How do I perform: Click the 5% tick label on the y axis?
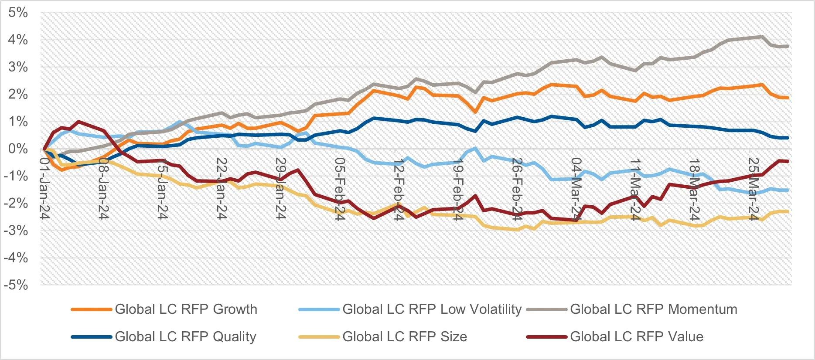tap(18, 13)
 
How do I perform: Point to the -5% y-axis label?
tap(16, 285)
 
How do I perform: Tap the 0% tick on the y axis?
tap(18, 149)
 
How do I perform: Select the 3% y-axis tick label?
tap(18, 67)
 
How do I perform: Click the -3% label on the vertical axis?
tap(16, 231)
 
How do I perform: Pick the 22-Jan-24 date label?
tap(222, 188)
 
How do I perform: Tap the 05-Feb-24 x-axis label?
tap(340, 189)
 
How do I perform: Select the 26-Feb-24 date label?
tap(517, 189)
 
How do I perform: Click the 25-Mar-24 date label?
tap(753, 189)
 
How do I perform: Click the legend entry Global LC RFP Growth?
tap(186, 309)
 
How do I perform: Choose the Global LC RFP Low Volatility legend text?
tap(432, 309)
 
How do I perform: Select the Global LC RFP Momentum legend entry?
tap(653, 309)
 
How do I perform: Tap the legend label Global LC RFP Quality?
tap(185, 337)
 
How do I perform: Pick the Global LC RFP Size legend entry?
tap(404, 337)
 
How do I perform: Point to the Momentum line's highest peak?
tap(762, 37)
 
